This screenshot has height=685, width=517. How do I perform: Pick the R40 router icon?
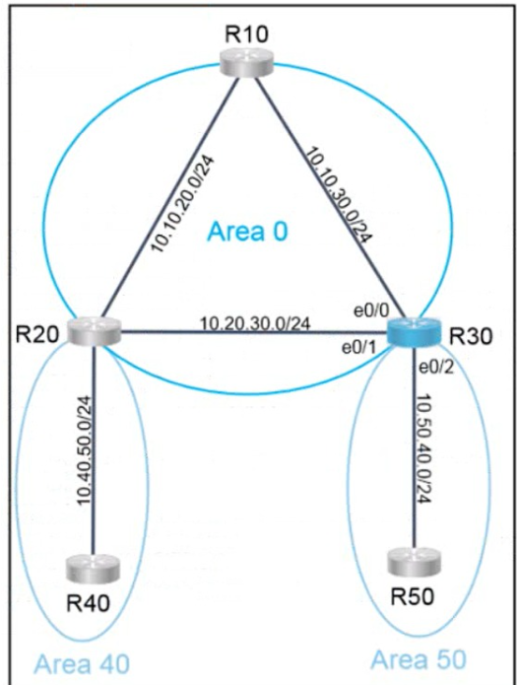(93, 569)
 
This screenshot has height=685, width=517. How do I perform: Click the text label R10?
(247, 34)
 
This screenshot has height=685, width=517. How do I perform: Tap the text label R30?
(471, 336)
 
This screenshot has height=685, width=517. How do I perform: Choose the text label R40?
(88, 604)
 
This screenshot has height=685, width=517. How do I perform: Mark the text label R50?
(413, 596)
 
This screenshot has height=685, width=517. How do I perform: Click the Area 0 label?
(247, 231)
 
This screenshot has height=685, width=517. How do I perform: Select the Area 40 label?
(82, 663)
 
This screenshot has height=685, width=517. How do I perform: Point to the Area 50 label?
(419, 659)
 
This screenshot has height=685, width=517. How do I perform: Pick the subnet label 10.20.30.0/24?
(255, 323)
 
